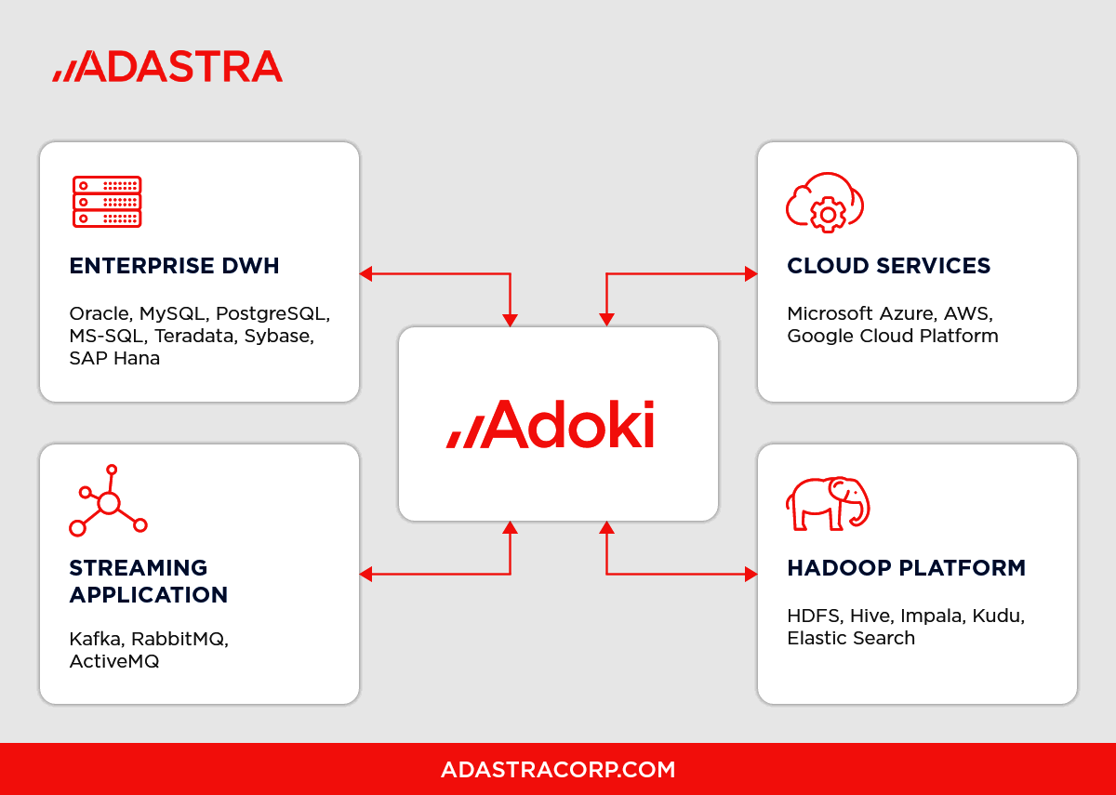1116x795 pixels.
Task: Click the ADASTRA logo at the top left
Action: pyautogui.click(x=167, y=66)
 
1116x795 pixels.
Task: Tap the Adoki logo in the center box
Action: pyautogui.click(x=551, y=425)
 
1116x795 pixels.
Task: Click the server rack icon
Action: pyautogui.click(x=107, y=202)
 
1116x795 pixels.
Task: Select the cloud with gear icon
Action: pyautogui.click(x=825, y=200)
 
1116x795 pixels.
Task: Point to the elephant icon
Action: pyautogui.click(x=827, y=504)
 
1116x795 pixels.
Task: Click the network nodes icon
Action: pyautogui.click(x=108, y=502)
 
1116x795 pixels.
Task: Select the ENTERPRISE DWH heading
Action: pyautogui.click(x=174, y=266)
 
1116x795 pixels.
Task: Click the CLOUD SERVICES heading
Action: pyautogui.click(x=888, y=266)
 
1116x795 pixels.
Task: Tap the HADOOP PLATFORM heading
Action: pyautogui.click(x=906, y=568)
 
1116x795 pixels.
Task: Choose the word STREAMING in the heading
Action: pyautogui.click(x=139, y=568)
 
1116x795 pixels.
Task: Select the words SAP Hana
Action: pyautogui.click(x=114, y=358)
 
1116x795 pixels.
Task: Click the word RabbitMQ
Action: pyautogui.click(x=179, y=639)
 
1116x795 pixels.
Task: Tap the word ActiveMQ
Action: pyautogui.click(x=114, y=661)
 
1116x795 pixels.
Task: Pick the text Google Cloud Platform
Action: pyautogui.click(x=892, y=336)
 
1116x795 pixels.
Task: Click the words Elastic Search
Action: pyautogui.click(x=851, y=638)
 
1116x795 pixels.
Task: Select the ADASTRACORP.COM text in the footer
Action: pyautogui.click(x=558, y=770)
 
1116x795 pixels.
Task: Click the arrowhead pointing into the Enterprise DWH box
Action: pyautogui.click(x=366, y=273)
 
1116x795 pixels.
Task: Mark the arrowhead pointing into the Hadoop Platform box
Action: pyautogui.click(x=751, y=575)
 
